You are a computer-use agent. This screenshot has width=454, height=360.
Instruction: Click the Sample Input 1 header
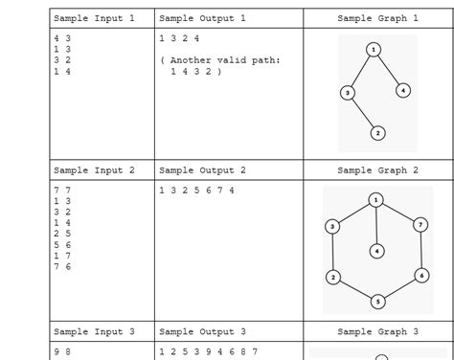coord(94,18)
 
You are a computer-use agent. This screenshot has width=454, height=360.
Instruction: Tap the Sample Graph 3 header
coord(377,331)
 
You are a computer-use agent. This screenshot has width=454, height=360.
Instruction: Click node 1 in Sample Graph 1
coord(374,49)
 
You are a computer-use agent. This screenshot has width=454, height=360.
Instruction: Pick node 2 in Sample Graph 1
coord(377,133)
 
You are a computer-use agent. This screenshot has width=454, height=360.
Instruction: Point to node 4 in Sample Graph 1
coord(403,90)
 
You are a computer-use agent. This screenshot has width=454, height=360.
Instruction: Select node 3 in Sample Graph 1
coord(348,93)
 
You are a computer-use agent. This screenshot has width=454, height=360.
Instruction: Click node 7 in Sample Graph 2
coord(420,225)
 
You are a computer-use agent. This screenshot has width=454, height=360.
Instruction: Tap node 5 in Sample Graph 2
coord(377,301)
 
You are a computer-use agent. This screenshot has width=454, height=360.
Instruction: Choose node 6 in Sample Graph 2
coord(421,276)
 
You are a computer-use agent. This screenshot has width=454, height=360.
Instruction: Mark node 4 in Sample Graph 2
coord(377,250)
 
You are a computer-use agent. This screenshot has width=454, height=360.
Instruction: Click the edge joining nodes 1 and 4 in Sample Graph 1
coord(388,69)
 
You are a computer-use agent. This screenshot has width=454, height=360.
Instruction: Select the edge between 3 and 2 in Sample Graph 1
coord(363,113)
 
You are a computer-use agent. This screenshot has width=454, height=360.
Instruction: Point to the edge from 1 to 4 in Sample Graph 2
coord(377,225)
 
